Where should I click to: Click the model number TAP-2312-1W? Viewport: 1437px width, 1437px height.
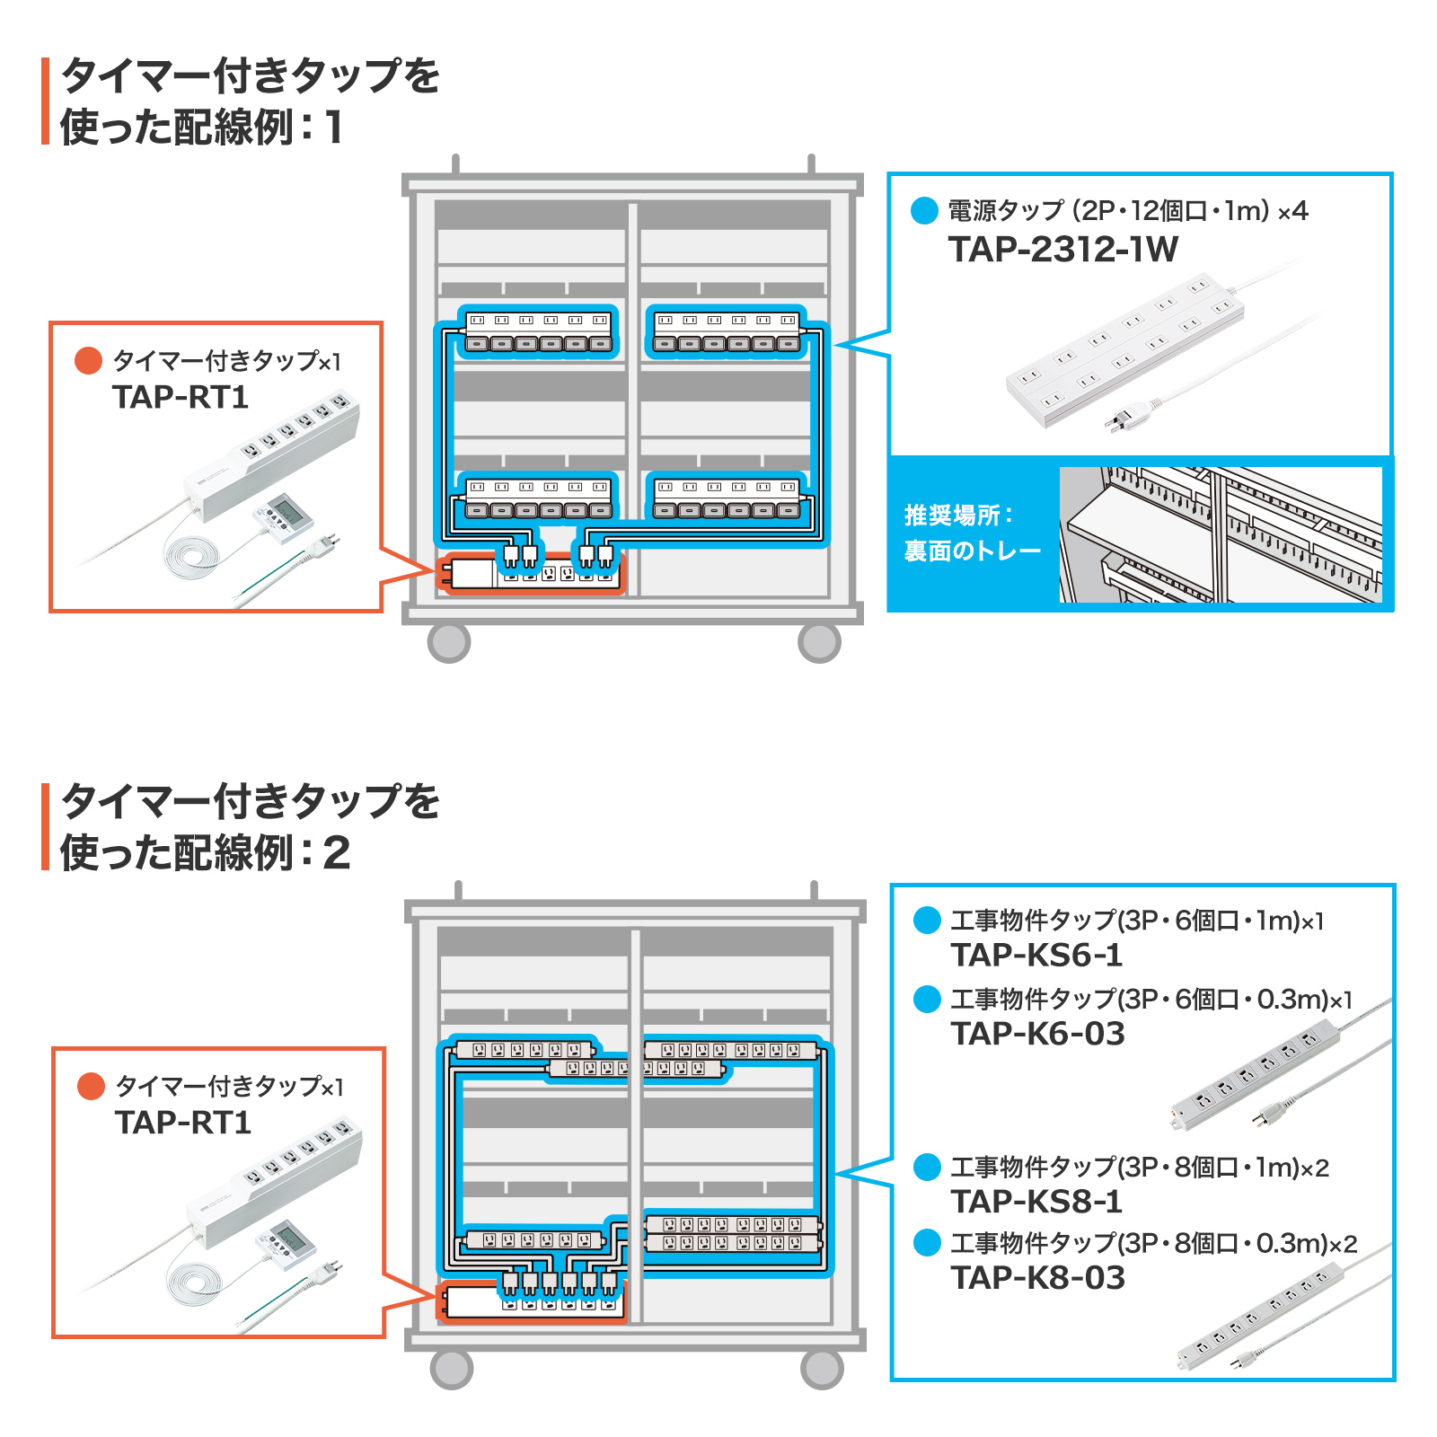click(1062, 250)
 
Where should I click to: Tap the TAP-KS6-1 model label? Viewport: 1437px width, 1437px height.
click(1036, 955)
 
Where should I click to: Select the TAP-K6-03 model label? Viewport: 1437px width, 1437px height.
click(1037, 1033)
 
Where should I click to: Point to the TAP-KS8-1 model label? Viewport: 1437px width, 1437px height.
click(1036, 1201)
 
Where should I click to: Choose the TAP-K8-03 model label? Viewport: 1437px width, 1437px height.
click(1037, 1277)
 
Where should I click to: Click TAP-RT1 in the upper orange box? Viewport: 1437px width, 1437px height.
click(180, 397)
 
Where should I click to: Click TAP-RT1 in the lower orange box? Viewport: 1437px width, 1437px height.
click(182, 1123)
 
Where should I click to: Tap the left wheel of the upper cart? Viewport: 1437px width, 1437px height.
click(449, 642)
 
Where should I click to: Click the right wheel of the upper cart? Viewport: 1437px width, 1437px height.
click(819, 642)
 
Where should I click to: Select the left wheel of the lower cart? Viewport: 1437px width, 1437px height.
click(452, 1369)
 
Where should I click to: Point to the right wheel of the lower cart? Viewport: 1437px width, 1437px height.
click(822, 1369)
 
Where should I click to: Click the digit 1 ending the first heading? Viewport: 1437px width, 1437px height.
click(334, 128)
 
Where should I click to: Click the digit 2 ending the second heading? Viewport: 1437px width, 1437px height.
click(336, 853)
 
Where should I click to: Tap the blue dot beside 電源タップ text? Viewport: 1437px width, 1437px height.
click(924, 211)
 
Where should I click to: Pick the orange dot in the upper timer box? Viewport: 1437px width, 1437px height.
click(88, 361)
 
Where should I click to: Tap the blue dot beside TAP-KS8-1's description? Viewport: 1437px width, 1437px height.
click(927, 1168)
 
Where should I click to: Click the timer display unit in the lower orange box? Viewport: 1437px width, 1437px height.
click(287, 1242)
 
